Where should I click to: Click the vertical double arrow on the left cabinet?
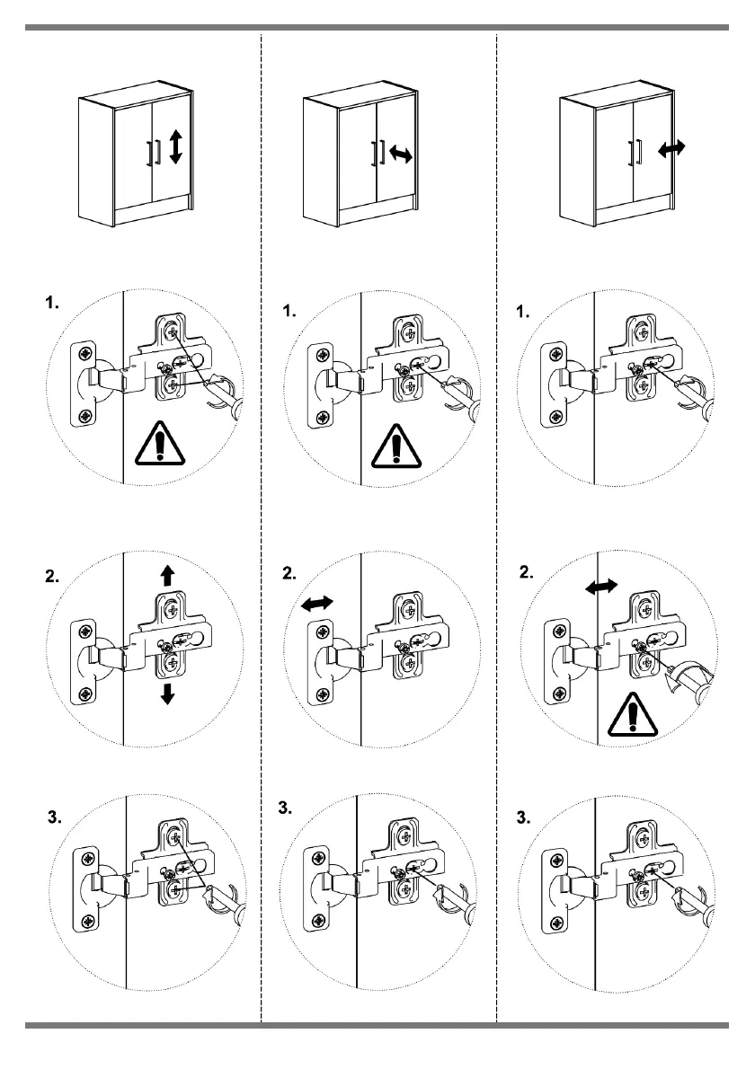pos(175,146)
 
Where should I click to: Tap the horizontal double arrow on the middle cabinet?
pos(401,155)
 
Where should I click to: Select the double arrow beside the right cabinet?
pos(672,149)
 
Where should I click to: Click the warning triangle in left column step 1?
pos(159,443)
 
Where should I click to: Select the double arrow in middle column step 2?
pos(315,606)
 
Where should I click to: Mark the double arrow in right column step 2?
pos(601,586)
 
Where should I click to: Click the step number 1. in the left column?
pos(51,305)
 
